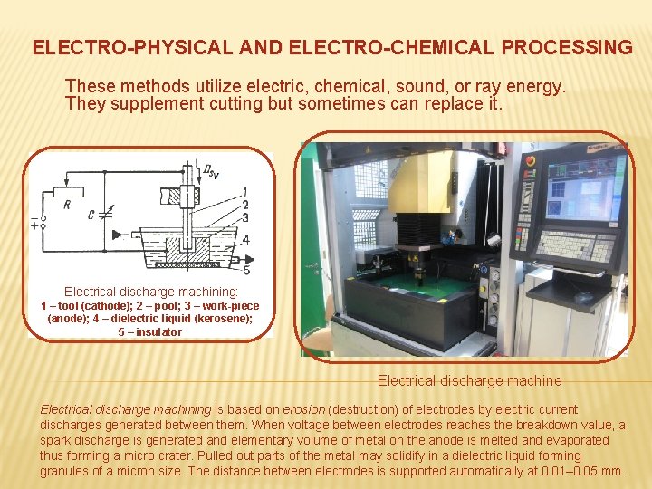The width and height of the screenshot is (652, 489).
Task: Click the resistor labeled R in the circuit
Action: [69, 192]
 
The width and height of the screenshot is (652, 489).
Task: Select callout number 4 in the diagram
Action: [245, 240]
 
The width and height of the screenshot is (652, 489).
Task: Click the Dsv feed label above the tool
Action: [211, 170]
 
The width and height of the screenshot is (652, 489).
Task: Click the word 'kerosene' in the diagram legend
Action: [218, 319]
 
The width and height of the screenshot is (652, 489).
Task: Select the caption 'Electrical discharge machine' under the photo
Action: [469, 381]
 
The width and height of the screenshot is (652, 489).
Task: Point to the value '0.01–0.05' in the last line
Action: [567, 472]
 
